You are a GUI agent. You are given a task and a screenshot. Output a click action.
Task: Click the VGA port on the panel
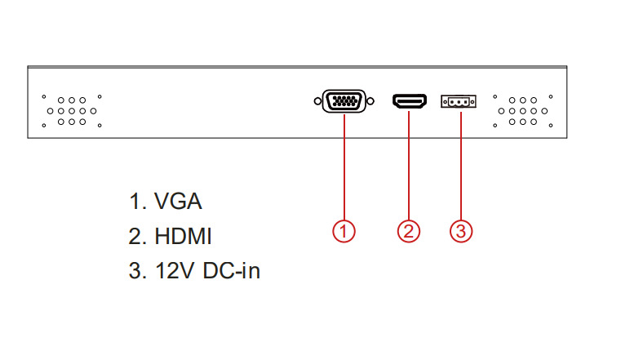pyautogui.click(x=344, y=102)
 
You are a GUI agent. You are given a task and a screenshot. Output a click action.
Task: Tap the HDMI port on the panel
pyautogui.click(x=410, y=102)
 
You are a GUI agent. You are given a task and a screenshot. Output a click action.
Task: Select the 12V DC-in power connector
pyautogui.click(x=459, y=102)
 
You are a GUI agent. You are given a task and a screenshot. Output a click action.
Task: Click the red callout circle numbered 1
pyautogui.click(x=344, y=231)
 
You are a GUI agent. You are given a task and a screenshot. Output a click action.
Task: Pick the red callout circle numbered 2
pyautogui.click(x=409, y=231)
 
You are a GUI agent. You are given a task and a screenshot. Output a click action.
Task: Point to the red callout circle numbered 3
pyautogui.click(x=461, y=231)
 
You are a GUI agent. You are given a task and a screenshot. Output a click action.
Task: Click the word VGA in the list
pyautogui.click(x=177, y=202)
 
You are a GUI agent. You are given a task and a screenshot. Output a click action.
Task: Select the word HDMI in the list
pyautogui.click(x=182, y=237)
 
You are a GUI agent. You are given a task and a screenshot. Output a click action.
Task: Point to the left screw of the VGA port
pyautogui.click(x=317, y=102)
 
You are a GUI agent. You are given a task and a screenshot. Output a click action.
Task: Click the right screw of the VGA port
pyautogui.click(x=370, y=102)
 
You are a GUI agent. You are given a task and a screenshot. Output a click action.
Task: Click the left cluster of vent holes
pyautogui.click(x=72, y=109)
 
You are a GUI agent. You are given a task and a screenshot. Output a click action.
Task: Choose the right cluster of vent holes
pyautogui.click(x=522, y=109)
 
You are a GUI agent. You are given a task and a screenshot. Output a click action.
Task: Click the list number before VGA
pyautogui.click(x=136, y=202)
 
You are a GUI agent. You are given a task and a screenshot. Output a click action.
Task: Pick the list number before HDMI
pyautogui.click(x=136, y=237)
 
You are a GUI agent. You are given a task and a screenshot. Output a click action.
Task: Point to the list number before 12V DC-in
pyautogui.click(x=136, y=271)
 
